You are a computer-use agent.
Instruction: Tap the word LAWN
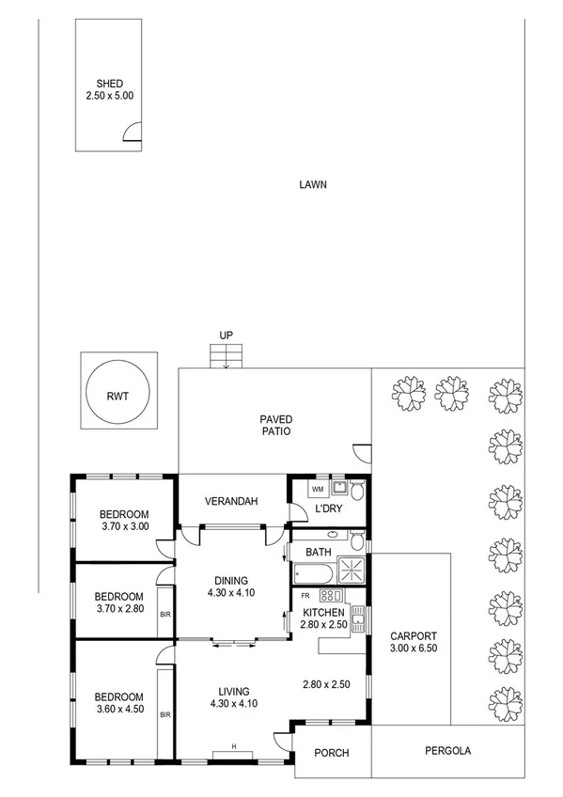[312, 184]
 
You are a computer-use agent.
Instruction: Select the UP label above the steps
[226, 335]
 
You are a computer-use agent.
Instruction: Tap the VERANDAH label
[232, 502]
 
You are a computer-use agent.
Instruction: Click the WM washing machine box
[317, 489]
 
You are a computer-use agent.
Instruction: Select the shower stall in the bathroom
[352, 570]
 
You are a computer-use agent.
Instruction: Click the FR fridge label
[305, 596]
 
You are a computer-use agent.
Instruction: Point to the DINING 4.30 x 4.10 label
[232, 586]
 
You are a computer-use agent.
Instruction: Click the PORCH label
[333, 752]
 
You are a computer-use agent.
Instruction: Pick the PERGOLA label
[447, 751]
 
